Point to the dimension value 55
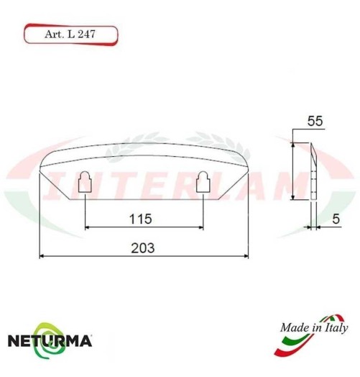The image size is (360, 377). tap(313, 122)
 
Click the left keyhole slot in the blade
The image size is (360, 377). tap(85, 183)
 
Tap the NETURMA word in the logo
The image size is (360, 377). tap(49, 340)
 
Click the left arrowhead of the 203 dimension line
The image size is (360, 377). tap(41, 255)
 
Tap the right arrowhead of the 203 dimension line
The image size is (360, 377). tap(246, 255)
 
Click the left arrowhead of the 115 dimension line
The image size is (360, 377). tap(88, 227)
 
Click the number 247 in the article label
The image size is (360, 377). tap(87, 34)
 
